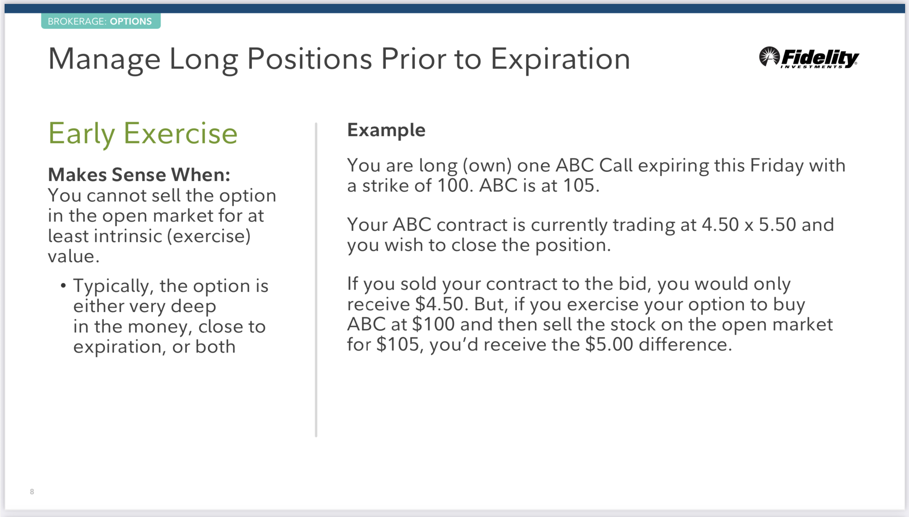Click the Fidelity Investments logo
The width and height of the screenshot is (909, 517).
pos(809,57)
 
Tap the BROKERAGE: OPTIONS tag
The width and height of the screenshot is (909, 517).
pos(101,21)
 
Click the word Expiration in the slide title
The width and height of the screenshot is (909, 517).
pos(561,59)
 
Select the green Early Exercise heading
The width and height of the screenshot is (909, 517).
pos(143,134)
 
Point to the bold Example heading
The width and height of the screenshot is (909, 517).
pos(386,130)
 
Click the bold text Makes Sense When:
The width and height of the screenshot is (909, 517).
pos(139,175)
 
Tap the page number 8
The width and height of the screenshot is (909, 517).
pos(32,492)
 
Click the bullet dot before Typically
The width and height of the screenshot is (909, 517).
pos(63,285)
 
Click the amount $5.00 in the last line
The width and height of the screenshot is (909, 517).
pos(609,344)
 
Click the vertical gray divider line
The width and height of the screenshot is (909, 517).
pos(316,280)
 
